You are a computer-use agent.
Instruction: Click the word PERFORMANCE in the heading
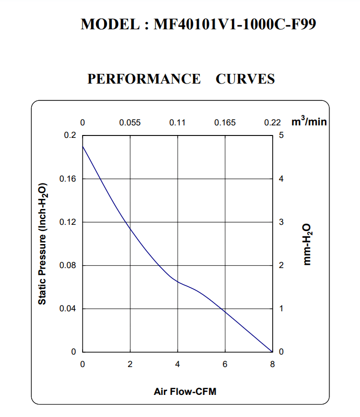pos(144,79)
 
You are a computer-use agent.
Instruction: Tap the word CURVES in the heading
pos(245,79)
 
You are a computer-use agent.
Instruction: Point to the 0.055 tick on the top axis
pos(130,123)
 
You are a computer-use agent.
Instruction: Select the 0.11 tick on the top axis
pos(178,123)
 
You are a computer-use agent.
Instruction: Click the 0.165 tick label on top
pos(225,123)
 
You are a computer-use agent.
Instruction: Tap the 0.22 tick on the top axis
pos(272,123)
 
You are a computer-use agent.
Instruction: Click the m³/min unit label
pos(309,122)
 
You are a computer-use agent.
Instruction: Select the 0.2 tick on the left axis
pos(70,135)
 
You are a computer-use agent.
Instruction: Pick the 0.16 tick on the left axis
pos(68,179)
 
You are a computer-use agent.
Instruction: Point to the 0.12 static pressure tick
pos(68,222)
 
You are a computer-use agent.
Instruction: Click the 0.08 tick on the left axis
pos(68,265)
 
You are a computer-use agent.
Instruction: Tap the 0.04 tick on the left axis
pos(68,308)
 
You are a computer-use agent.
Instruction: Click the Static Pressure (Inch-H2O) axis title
pos(43,244)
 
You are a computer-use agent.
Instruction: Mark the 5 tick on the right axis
pos(282,135)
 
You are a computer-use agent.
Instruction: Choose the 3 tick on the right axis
pos(282,222)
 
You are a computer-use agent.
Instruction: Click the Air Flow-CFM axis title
pos(185,392)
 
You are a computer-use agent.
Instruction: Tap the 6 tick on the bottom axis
pos(225,364)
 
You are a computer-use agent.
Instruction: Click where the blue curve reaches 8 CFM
pos(272,351)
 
